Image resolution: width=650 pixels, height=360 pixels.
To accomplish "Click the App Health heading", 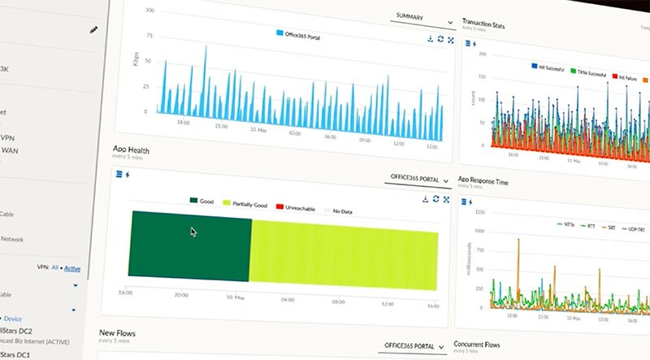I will (131, 150).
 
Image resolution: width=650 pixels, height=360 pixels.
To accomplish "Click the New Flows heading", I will (117, 333).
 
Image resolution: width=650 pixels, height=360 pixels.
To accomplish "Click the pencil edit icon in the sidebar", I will (93, 30).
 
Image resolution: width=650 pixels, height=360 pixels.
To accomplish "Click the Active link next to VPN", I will (72, 268).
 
